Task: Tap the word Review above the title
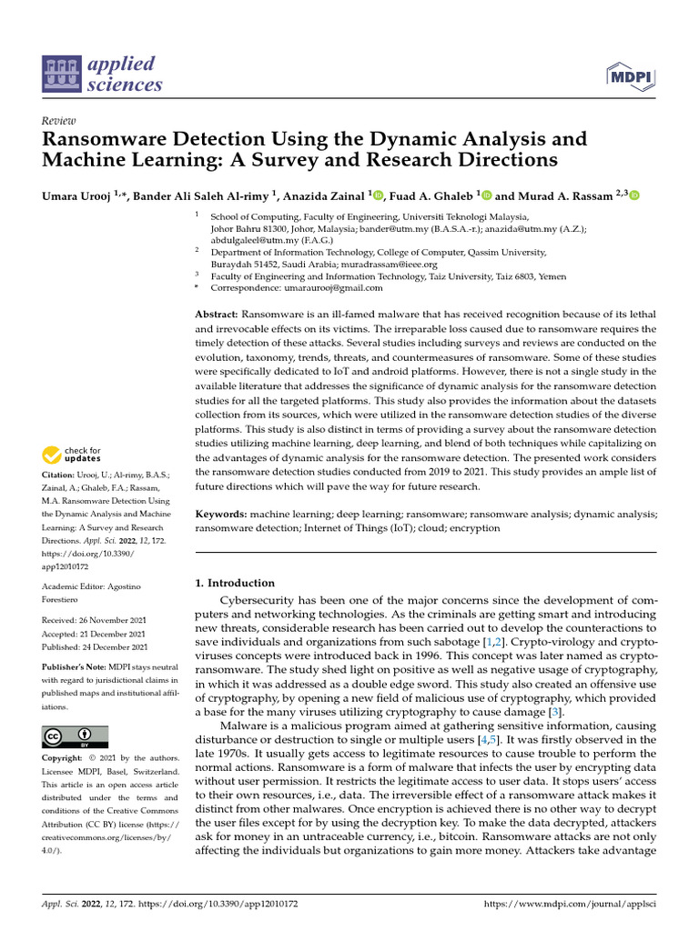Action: coord(58,121)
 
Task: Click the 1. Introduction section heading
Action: coord(236,583)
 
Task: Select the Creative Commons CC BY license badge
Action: coord(75,736)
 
